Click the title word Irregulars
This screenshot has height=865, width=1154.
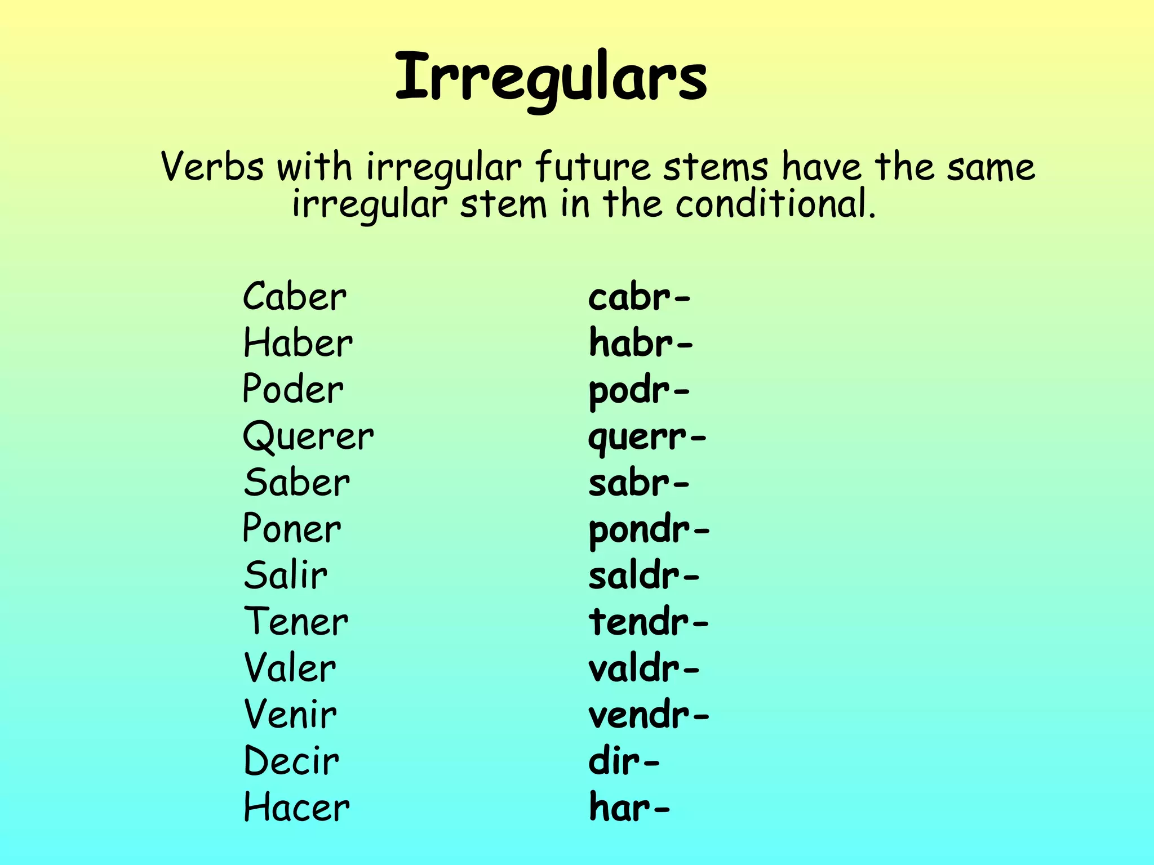click(551, 78)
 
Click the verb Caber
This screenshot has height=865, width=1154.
click(294, 297)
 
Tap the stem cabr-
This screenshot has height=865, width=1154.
click(639, 297)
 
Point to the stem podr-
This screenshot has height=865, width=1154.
click(638, 390)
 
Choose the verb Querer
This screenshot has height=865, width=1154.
click(308, 436)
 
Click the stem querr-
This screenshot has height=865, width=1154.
click(646, 438)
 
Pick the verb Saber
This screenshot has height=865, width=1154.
click(296, 483)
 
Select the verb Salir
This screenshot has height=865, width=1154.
click(285, 576)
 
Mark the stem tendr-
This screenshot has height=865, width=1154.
click(648, 622)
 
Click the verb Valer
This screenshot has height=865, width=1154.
click(290, 668)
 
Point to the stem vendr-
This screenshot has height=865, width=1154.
click(649, 716)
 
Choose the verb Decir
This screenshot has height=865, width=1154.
click(291, 761)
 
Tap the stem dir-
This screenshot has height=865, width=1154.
click(623, 761)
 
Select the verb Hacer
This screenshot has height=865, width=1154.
click(296, 808)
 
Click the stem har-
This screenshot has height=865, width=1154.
click(629, 808)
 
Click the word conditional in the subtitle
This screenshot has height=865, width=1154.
click(775, 204)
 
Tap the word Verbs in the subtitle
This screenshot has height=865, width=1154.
click(212, 167)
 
